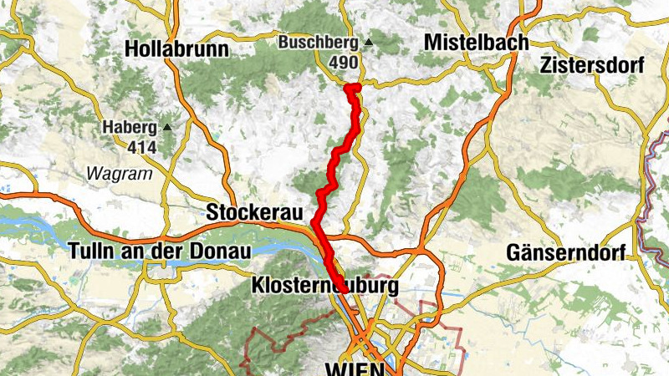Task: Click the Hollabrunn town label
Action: (x=176, y=49)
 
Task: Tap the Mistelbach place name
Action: (x=476, y=42)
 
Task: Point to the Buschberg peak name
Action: (x=319, y=42)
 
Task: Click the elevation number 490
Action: (x=342, y=63)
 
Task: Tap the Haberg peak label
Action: (x=130, y=127)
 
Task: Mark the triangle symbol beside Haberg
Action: (x=167, y=127)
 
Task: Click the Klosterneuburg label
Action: (x=321, y=287)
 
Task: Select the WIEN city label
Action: (x=355, y=368)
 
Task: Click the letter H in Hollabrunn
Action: (x=131, y=49)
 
